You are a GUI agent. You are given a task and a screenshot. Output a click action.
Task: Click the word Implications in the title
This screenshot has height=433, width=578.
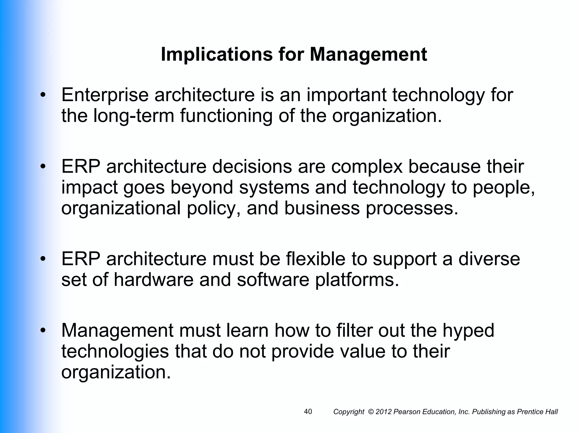217,54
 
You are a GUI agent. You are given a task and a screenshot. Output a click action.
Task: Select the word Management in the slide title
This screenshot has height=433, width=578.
368,54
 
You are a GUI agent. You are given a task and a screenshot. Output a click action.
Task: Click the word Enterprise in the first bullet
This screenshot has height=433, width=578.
105,95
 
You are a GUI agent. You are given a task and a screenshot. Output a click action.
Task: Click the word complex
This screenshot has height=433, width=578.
367,167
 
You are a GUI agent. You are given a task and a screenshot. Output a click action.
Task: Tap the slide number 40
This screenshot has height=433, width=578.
308,412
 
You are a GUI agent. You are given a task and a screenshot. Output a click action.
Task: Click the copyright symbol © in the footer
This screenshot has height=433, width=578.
371,412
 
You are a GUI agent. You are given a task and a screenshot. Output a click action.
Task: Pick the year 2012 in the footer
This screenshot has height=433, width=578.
384,412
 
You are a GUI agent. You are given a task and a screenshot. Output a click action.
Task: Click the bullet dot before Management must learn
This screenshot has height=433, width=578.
43,330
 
